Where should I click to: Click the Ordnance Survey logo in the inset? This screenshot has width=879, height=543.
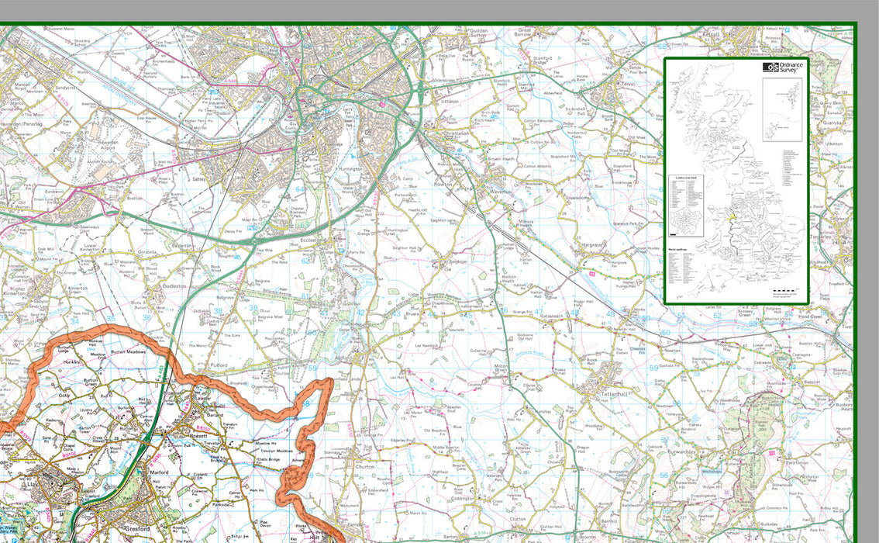click(784, 67)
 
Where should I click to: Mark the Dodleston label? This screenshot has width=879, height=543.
click(174, 285)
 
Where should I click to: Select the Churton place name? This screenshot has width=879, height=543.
click(364, 467)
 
